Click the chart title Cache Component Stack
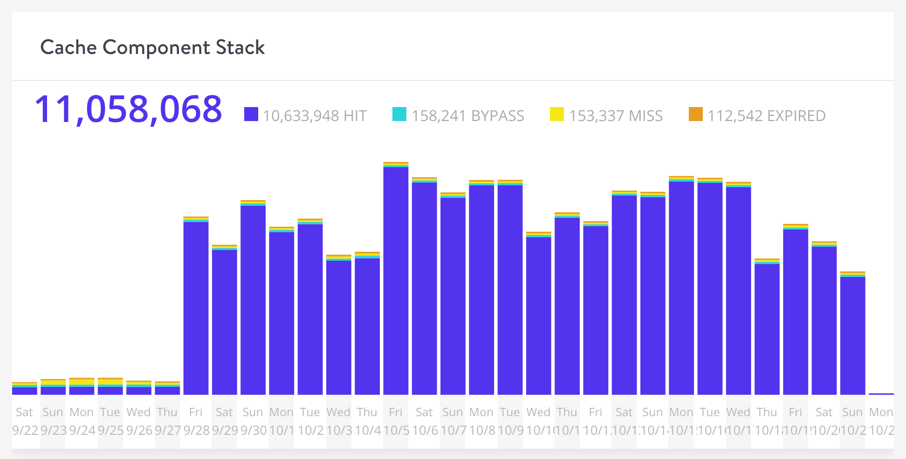point(152,47)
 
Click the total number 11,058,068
point(128,110)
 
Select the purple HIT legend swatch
point(251,114)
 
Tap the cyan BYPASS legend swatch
point(399,114)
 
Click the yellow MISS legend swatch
point(556,114)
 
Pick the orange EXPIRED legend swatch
point(695,114)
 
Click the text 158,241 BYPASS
point(467,116)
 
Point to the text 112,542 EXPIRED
point(766,116)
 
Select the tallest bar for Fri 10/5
point(396,279)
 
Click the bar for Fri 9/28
point(196,307)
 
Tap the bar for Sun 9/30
point(253,298)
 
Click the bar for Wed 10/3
point(338,326)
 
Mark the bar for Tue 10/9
point(510,289)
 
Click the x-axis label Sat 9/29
point(224,421)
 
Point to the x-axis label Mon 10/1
point(281,421)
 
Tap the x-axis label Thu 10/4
point(367,421)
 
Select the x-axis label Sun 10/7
point(453,421)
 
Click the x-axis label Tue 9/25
point(110,421)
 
